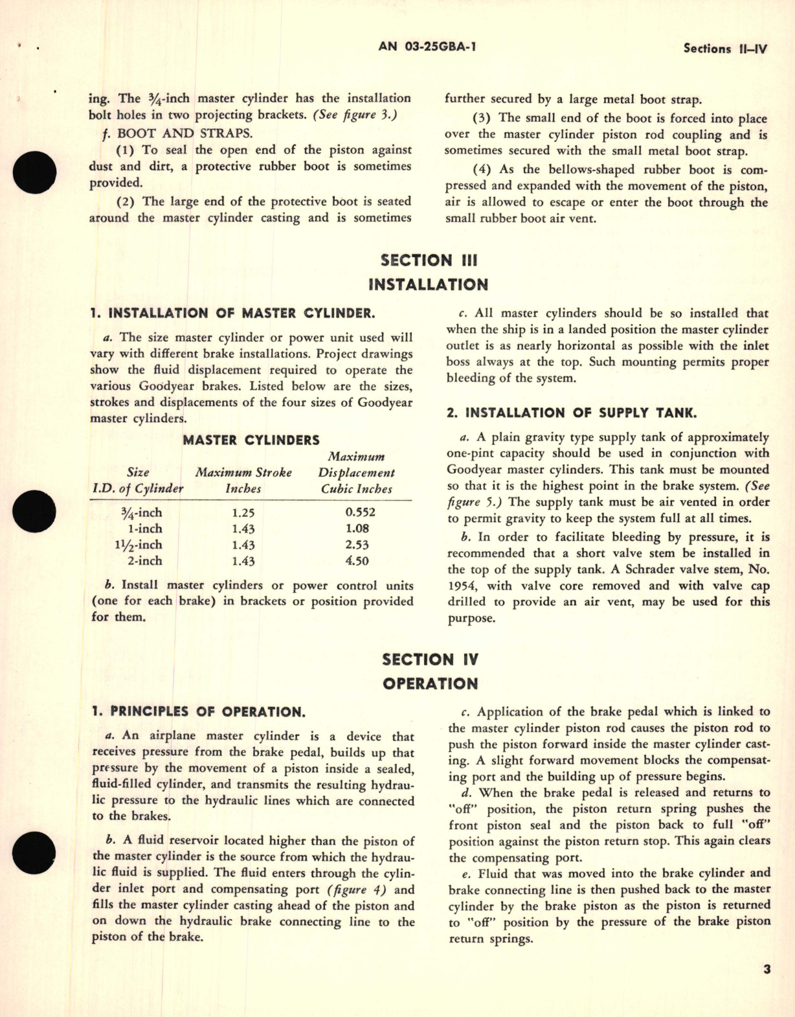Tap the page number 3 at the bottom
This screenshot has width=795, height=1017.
click(767, 970)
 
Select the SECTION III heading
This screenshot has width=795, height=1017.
click(429, 260)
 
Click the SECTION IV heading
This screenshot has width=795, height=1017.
click(430, 659)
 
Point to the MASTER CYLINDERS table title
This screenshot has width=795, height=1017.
click(251, 440)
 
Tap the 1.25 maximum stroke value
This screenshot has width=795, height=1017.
click(243, 512)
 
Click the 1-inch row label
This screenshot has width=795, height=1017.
click(145, 529)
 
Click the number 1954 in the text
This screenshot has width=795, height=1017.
click(461, 586)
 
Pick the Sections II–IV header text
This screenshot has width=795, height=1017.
click(725, 49)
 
